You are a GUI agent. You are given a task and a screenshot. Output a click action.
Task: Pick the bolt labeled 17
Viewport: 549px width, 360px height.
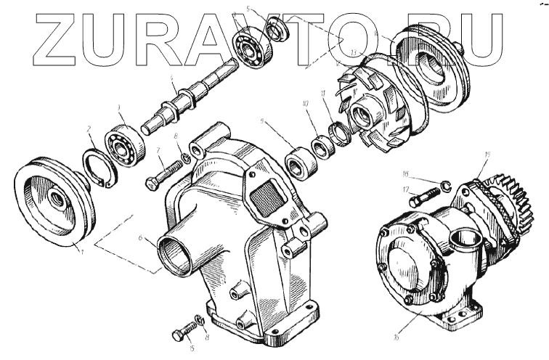[x=425, y=195]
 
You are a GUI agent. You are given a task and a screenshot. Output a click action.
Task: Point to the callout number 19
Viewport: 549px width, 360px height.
[x=487, y=154]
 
